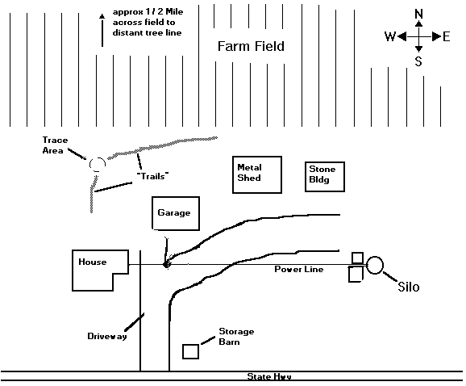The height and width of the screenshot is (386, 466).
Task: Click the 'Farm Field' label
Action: pyautogui.click(x=251, y=46)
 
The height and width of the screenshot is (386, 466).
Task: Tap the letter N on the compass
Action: pyautogui.click(x=418, y=14)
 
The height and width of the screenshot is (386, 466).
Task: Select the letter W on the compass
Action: pyautogui.click(x=390, y=36)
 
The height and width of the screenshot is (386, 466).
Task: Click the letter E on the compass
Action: pyautogui.click(x=447, y=37)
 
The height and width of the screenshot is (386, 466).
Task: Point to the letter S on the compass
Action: pyautogui.click(x=418, y=61)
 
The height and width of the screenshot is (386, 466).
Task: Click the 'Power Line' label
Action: pyautogui.click(x=298, y=270)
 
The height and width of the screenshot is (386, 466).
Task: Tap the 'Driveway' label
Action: pyautogui.click(x=107, y=336)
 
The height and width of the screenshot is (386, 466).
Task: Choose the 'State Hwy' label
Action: pyautogui.click(x=269, y=376)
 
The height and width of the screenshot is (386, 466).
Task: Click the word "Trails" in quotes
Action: pyautogui.click(x=152, y=176)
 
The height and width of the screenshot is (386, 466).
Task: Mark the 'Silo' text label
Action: pyautogui.click(x=408, y=287)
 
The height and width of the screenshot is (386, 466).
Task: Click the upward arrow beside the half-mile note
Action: pyautogui.click(x=102, y=30)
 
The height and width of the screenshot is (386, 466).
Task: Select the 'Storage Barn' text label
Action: pyautogui.click(x=236, y=337)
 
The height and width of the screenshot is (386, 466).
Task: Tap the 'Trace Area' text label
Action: pyautogui.click(x=55, y=145)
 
